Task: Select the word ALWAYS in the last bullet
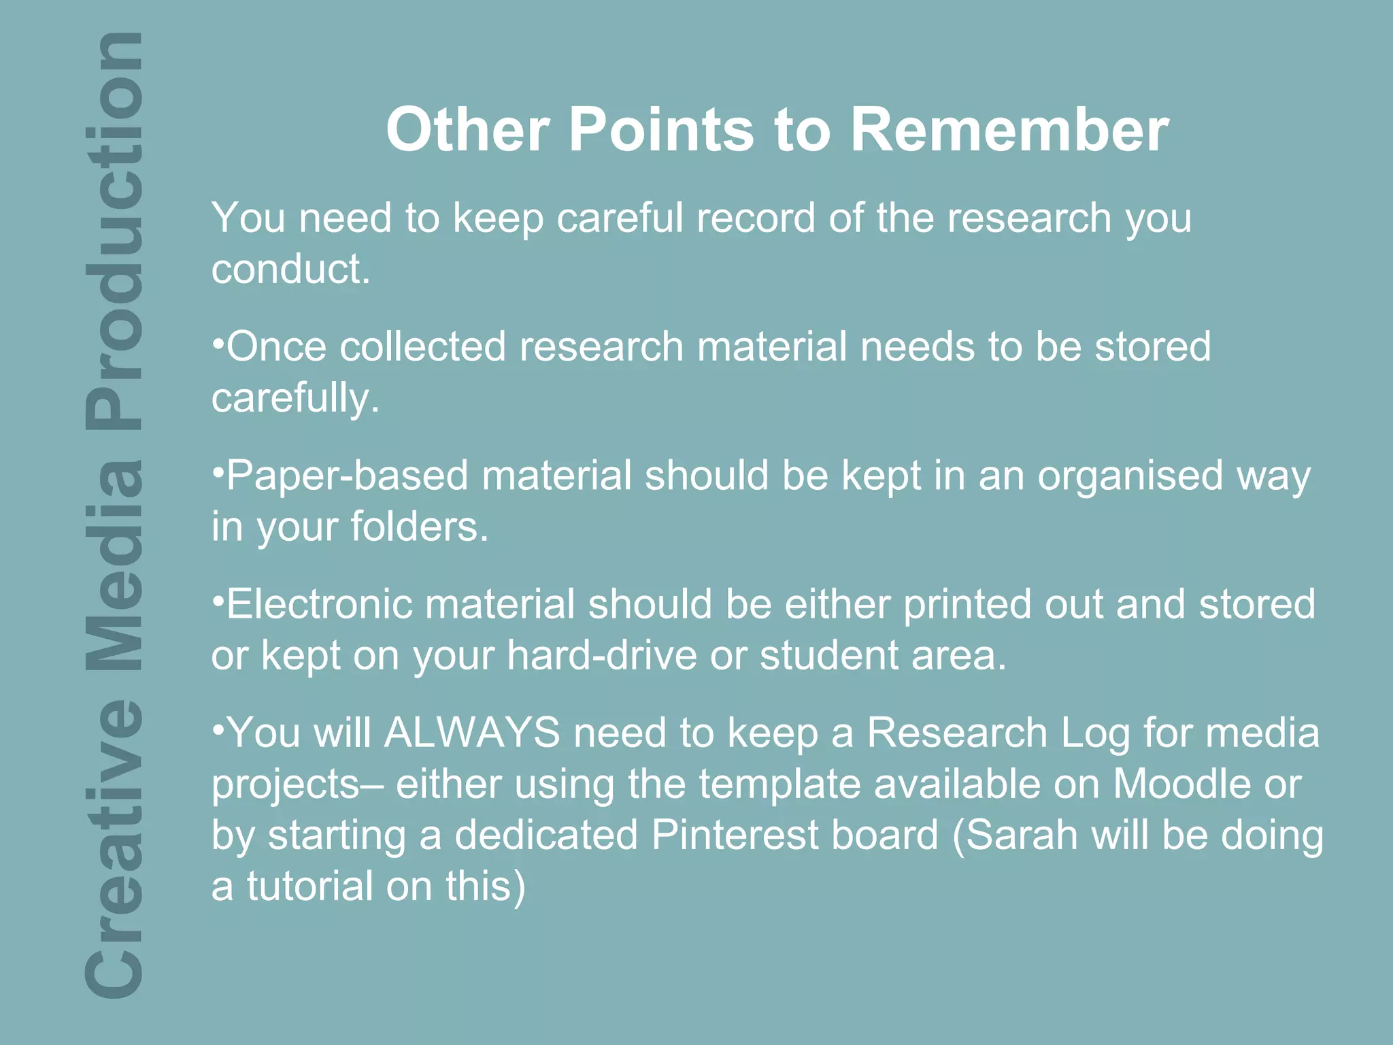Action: click(473, 733)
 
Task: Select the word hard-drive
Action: click(602, 655)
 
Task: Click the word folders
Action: click(419, 527)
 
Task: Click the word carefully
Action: click(295, 398)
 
